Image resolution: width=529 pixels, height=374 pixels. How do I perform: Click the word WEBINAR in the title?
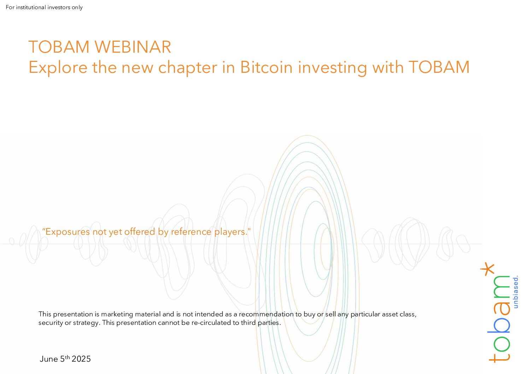pyautogui.click(x=133, y=47)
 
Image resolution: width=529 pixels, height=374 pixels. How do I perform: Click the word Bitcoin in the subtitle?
pyautogui.click(x=266, y=67)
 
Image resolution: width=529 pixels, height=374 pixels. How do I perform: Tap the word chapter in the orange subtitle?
pyautogui.click(x=188, y=68)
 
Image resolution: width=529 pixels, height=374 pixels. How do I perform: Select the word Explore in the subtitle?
pyautogui.click(x=58, y=68)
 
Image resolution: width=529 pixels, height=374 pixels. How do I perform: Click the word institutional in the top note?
pyautogui.click(x=31, y=7)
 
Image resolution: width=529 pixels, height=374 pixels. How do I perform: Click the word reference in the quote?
pyautogui.click(x=191, y=232)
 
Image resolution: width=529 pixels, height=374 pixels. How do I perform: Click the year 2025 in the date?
pyautogui.click(x=81, y=359)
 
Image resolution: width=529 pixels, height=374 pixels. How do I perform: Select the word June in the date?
pyautogui.click(x=49, y=359)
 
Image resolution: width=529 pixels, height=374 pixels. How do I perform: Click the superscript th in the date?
pyautogui.click(x=67, y=357)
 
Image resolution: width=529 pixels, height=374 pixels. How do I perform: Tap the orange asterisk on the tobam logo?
pyautogui.click(x=487, y=269)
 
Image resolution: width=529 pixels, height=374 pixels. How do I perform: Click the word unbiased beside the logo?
pyautogui.click(x=516, y=292)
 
